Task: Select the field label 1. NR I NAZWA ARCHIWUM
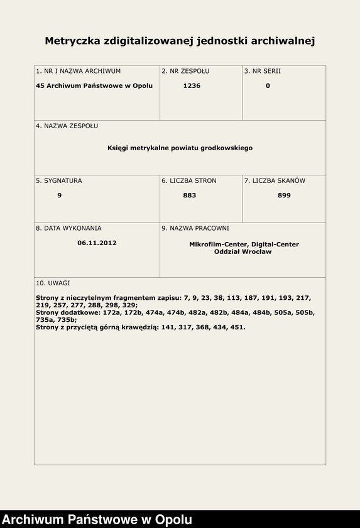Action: tap(79, 71)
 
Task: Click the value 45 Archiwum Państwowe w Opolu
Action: tap(94, 85)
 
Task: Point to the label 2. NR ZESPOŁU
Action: tap(185, 71)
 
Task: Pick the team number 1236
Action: tap(192, 85)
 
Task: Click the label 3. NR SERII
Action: tap(263, 71)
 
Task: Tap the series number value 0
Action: tap(268, 85)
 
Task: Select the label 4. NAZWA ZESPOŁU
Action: tap(67, 126)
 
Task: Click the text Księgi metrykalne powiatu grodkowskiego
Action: tap(180, 148)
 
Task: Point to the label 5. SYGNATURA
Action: tap(59, 180)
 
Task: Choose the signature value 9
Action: tap(59, 195)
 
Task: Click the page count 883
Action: tap(190, 195)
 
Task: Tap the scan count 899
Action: tap(284, 195)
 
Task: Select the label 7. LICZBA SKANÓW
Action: tap(275, 180)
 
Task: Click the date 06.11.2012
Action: tap(97, 243)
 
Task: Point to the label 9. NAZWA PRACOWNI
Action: tap(195, 228)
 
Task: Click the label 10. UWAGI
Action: tap(53, 283)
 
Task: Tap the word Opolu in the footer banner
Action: tap(173, 520)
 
